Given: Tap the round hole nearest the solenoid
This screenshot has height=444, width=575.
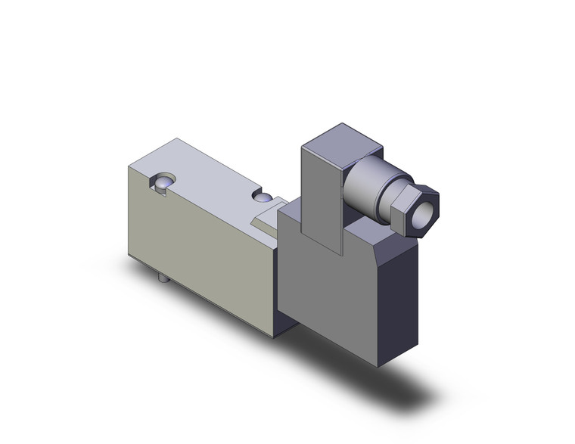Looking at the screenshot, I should (263, 198).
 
